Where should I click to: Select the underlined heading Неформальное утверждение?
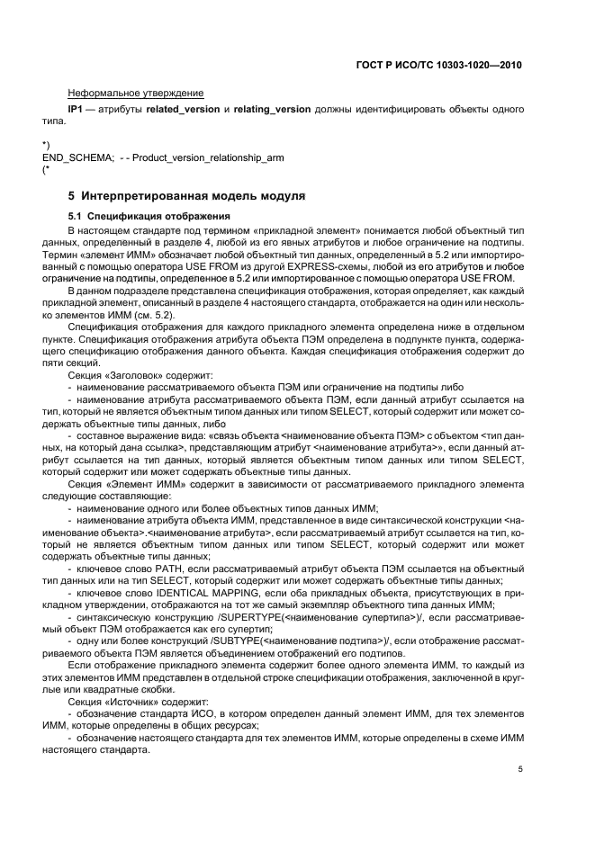click(x=135, y=93)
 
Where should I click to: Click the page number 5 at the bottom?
click(x=519, y=769)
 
